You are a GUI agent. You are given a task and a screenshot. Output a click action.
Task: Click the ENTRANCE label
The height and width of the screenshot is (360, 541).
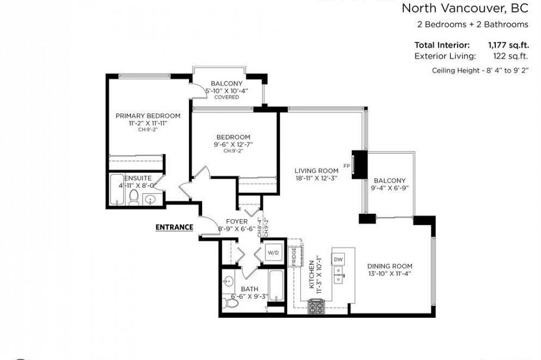174,227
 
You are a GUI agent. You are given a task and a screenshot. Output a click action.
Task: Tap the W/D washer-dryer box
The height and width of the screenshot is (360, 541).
273,252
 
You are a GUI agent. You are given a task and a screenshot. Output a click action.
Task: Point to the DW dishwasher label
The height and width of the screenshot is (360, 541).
338,260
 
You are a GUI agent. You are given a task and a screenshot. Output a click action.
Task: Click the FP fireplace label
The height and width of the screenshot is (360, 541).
346,166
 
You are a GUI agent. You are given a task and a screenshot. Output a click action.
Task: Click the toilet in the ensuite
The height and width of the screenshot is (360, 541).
134,198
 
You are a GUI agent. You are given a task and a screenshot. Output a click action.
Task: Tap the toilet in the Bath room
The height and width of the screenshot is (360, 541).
232,302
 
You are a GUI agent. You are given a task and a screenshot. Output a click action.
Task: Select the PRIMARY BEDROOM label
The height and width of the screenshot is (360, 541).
148,116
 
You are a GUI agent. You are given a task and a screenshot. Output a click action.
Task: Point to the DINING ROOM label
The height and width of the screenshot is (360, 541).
389,266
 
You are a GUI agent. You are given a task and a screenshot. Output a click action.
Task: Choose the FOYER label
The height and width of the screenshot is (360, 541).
236,222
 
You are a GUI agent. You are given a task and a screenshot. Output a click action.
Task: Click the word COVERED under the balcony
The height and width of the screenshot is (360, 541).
227,97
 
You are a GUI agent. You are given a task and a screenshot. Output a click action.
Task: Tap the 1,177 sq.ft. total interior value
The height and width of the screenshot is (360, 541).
508,45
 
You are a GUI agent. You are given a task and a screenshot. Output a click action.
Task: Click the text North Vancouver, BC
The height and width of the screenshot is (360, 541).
465,8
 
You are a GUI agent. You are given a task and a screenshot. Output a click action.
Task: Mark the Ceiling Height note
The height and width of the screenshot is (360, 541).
480,71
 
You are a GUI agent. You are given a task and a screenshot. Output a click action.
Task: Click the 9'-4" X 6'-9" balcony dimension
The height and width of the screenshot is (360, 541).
389,188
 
